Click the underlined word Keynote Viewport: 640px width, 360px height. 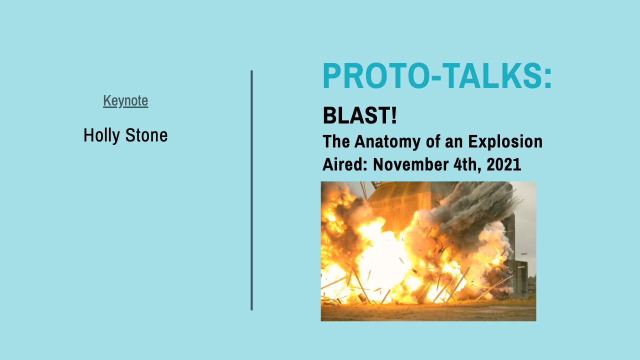(x=125, y=101)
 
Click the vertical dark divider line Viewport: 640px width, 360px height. (x=251, y=190)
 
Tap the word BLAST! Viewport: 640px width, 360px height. (x=359, y=116)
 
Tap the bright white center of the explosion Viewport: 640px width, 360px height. (x=380, y=260)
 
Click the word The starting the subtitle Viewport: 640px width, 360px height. (x=336, y=142)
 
